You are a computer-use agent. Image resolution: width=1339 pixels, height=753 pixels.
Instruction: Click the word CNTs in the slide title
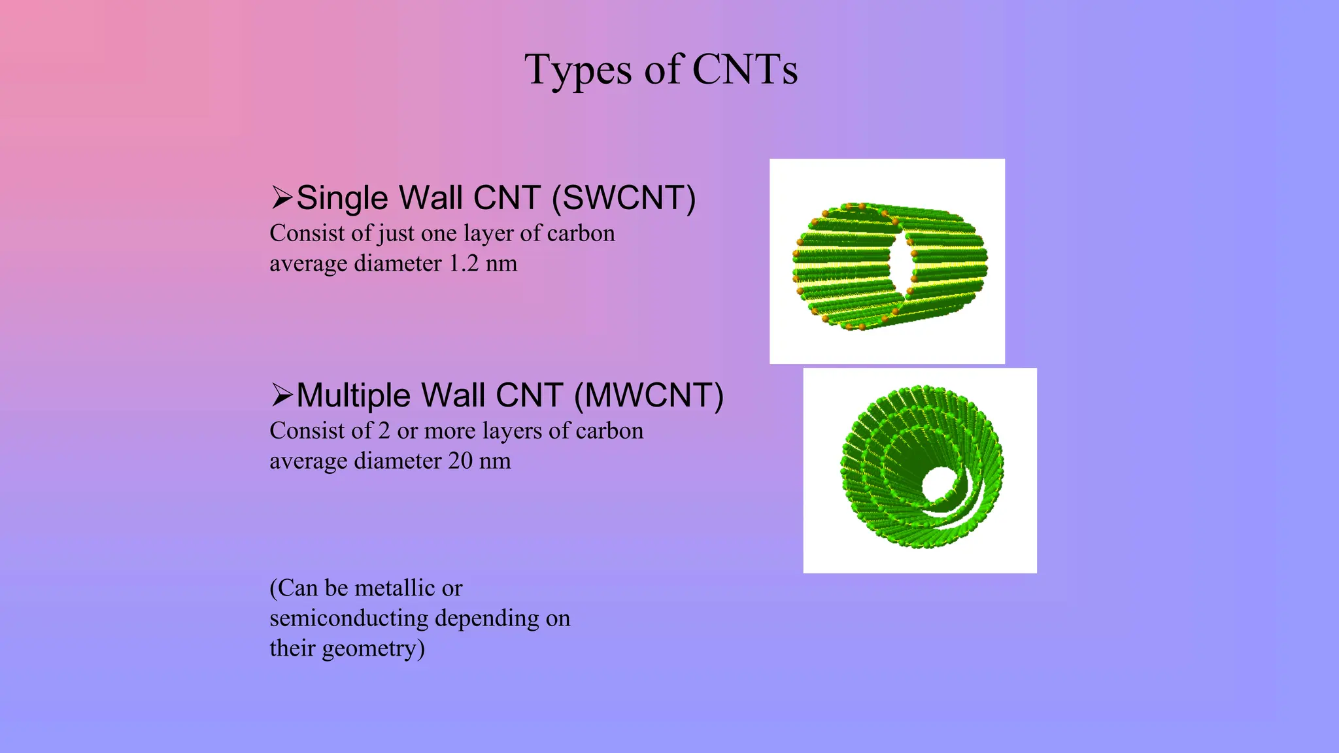pyautogui.click(x=745, y=69)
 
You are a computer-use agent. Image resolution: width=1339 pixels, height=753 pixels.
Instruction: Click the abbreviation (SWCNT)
pyautogui.click(x=624, y=198)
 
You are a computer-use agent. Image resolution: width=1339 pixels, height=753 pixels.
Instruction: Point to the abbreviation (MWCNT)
pyautogui.click(x=649, y=395)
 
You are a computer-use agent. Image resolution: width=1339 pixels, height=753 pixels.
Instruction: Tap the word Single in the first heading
pyautogui.click(x=342, y=198)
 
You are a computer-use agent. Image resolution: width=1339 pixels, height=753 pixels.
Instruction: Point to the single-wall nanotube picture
pyautogui.click(x=887, y=261)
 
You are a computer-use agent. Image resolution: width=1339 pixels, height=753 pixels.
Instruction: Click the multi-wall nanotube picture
pyautogui.click(x=919, y=471)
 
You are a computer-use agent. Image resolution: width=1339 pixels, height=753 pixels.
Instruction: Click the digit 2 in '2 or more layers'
pyautogui.click(x=384, y=431)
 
